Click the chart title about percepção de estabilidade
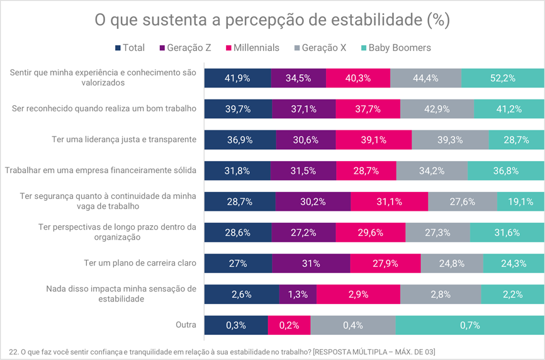tap(272, 20)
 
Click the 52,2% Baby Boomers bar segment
tap(503, 78)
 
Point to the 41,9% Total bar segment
tap(238, 78)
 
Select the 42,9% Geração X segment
tap(436, 109)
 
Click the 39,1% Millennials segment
tap(373, 140)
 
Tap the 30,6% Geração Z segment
tap(305, 140)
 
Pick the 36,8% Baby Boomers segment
tap(506, 171)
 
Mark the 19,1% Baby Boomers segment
tap(520, 201)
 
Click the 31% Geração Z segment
tap(311, 263)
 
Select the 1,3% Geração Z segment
tap(298, 294)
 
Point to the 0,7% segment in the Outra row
tap(469, 325)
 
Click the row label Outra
tap(186, 325)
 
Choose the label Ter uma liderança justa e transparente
tap(124, 140)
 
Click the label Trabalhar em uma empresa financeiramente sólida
tap(101, 171)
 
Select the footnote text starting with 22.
tap(222, 351)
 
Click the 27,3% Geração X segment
tap(437, 232)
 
